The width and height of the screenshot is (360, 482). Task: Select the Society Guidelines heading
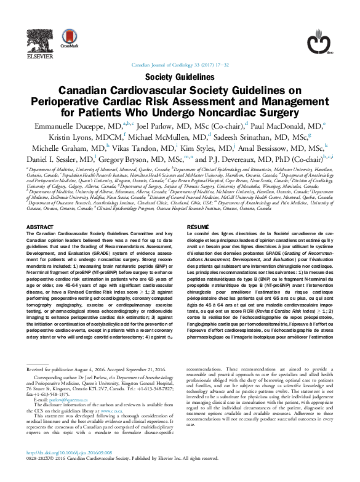pos(180,77)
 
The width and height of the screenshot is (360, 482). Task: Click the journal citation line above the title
pos(180,65)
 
